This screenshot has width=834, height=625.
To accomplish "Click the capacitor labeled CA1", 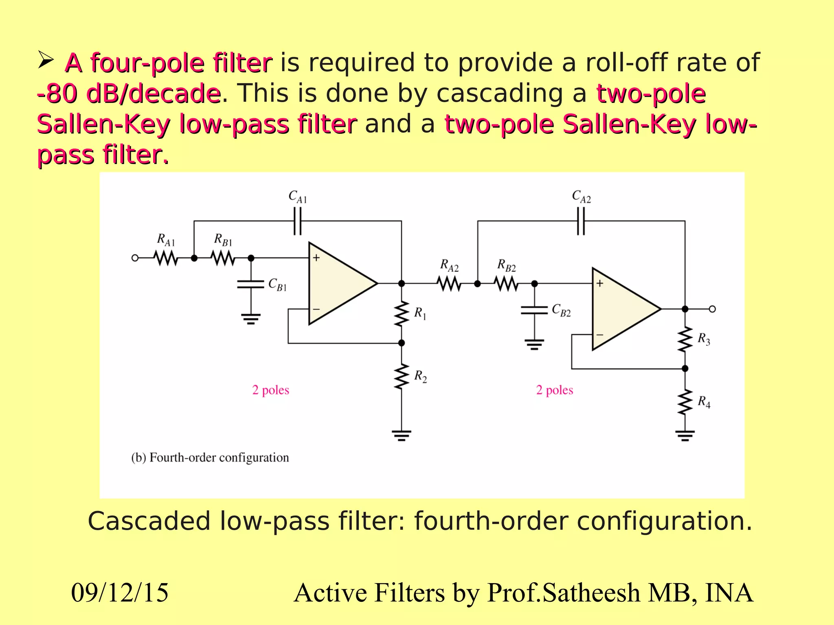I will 298,221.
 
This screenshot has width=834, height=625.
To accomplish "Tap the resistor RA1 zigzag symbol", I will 166,258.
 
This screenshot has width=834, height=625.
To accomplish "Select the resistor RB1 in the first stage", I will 223,258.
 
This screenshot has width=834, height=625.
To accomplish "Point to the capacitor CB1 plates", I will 251,284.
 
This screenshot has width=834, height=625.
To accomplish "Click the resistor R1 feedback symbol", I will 402,314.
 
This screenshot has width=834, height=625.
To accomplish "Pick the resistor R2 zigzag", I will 402,376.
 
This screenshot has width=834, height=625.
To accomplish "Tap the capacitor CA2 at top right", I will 581,221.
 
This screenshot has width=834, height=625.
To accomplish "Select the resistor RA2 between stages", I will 449,284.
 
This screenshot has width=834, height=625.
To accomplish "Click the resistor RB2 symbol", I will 506,284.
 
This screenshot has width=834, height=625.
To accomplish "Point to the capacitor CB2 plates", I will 535,310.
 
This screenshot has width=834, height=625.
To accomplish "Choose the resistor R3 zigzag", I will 685,339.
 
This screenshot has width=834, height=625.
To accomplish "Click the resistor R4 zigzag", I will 685,402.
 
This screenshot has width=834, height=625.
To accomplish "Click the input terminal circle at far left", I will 135,258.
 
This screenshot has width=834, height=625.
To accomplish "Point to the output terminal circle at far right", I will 712,309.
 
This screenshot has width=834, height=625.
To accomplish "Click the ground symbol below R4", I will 685,436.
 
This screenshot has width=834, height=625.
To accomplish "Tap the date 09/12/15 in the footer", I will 120,592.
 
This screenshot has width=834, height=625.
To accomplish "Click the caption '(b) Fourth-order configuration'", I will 210,457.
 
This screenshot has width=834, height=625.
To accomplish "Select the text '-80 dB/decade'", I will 129,94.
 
